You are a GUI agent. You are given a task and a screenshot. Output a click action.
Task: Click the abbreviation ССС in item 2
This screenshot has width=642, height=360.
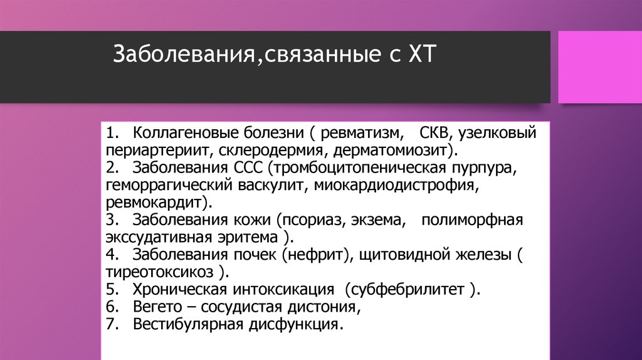click(x=246, y=169)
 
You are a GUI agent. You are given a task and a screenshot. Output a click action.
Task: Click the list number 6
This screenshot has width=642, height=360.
click(x=110, y=308)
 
